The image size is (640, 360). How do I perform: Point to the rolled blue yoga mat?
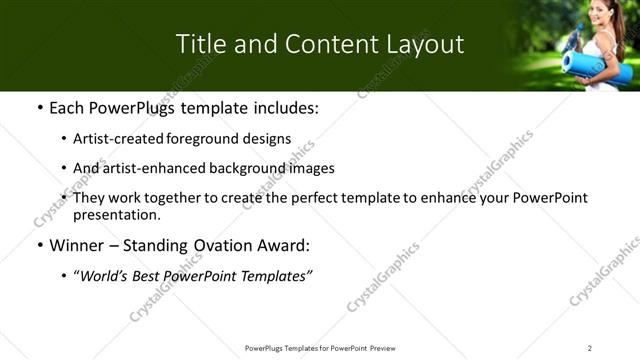click(597, 65)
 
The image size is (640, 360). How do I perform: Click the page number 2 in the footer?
click(590, 348)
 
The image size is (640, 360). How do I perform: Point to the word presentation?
click(116, 214)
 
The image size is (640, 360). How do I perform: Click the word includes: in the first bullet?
click(280, 107)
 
